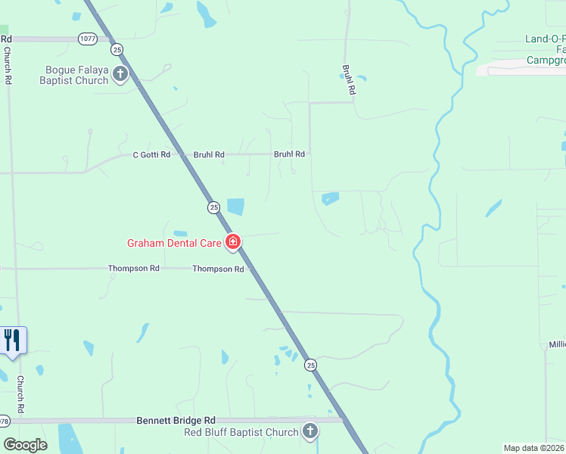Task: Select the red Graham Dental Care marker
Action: (234, 243)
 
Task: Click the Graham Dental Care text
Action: (174, 243)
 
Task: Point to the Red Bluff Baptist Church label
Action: (241, 432)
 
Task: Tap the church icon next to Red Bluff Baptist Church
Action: (309, 432)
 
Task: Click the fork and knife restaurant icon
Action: (13, 340)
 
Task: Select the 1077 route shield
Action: (87, 37)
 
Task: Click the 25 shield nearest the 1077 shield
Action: (117, 49)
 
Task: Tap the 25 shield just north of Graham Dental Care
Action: (213, 207)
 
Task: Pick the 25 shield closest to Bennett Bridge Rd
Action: (311, 365)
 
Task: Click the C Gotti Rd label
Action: (152, 155)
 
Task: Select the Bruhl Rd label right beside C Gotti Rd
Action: (209, 155)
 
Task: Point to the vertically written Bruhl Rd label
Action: (349, 79)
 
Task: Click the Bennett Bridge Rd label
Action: (176, 420)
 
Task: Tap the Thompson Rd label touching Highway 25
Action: (218, 269)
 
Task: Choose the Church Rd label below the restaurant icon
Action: (20, 394)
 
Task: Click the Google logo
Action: (25, 445)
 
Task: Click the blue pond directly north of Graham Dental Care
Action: (235, 206)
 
